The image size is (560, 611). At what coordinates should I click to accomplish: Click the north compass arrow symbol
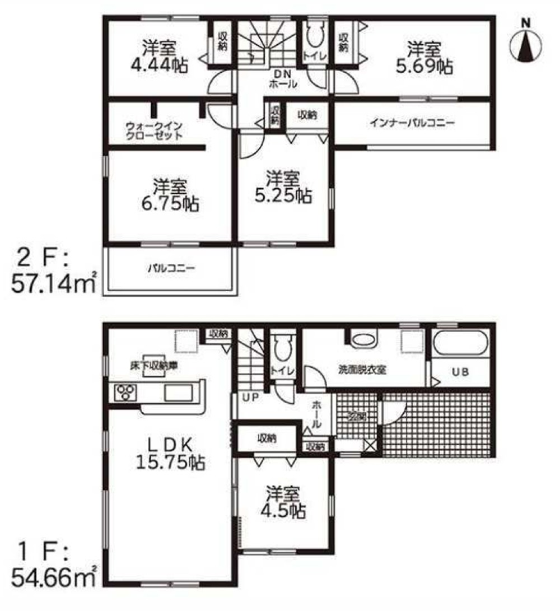click(526, 45)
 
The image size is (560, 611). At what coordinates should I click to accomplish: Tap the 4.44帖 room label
click(158, 57)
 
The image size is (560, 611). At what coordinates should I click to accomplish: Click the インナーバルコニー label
click(412, 123)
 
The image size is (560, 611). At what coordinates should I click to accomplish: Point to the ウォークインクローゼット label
click(153, 131)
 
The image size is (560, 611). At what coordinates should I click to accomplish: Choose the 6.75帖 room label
click(170, 195)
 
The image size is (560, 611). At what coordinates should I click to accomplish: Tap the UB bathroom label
click(460, 372)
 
